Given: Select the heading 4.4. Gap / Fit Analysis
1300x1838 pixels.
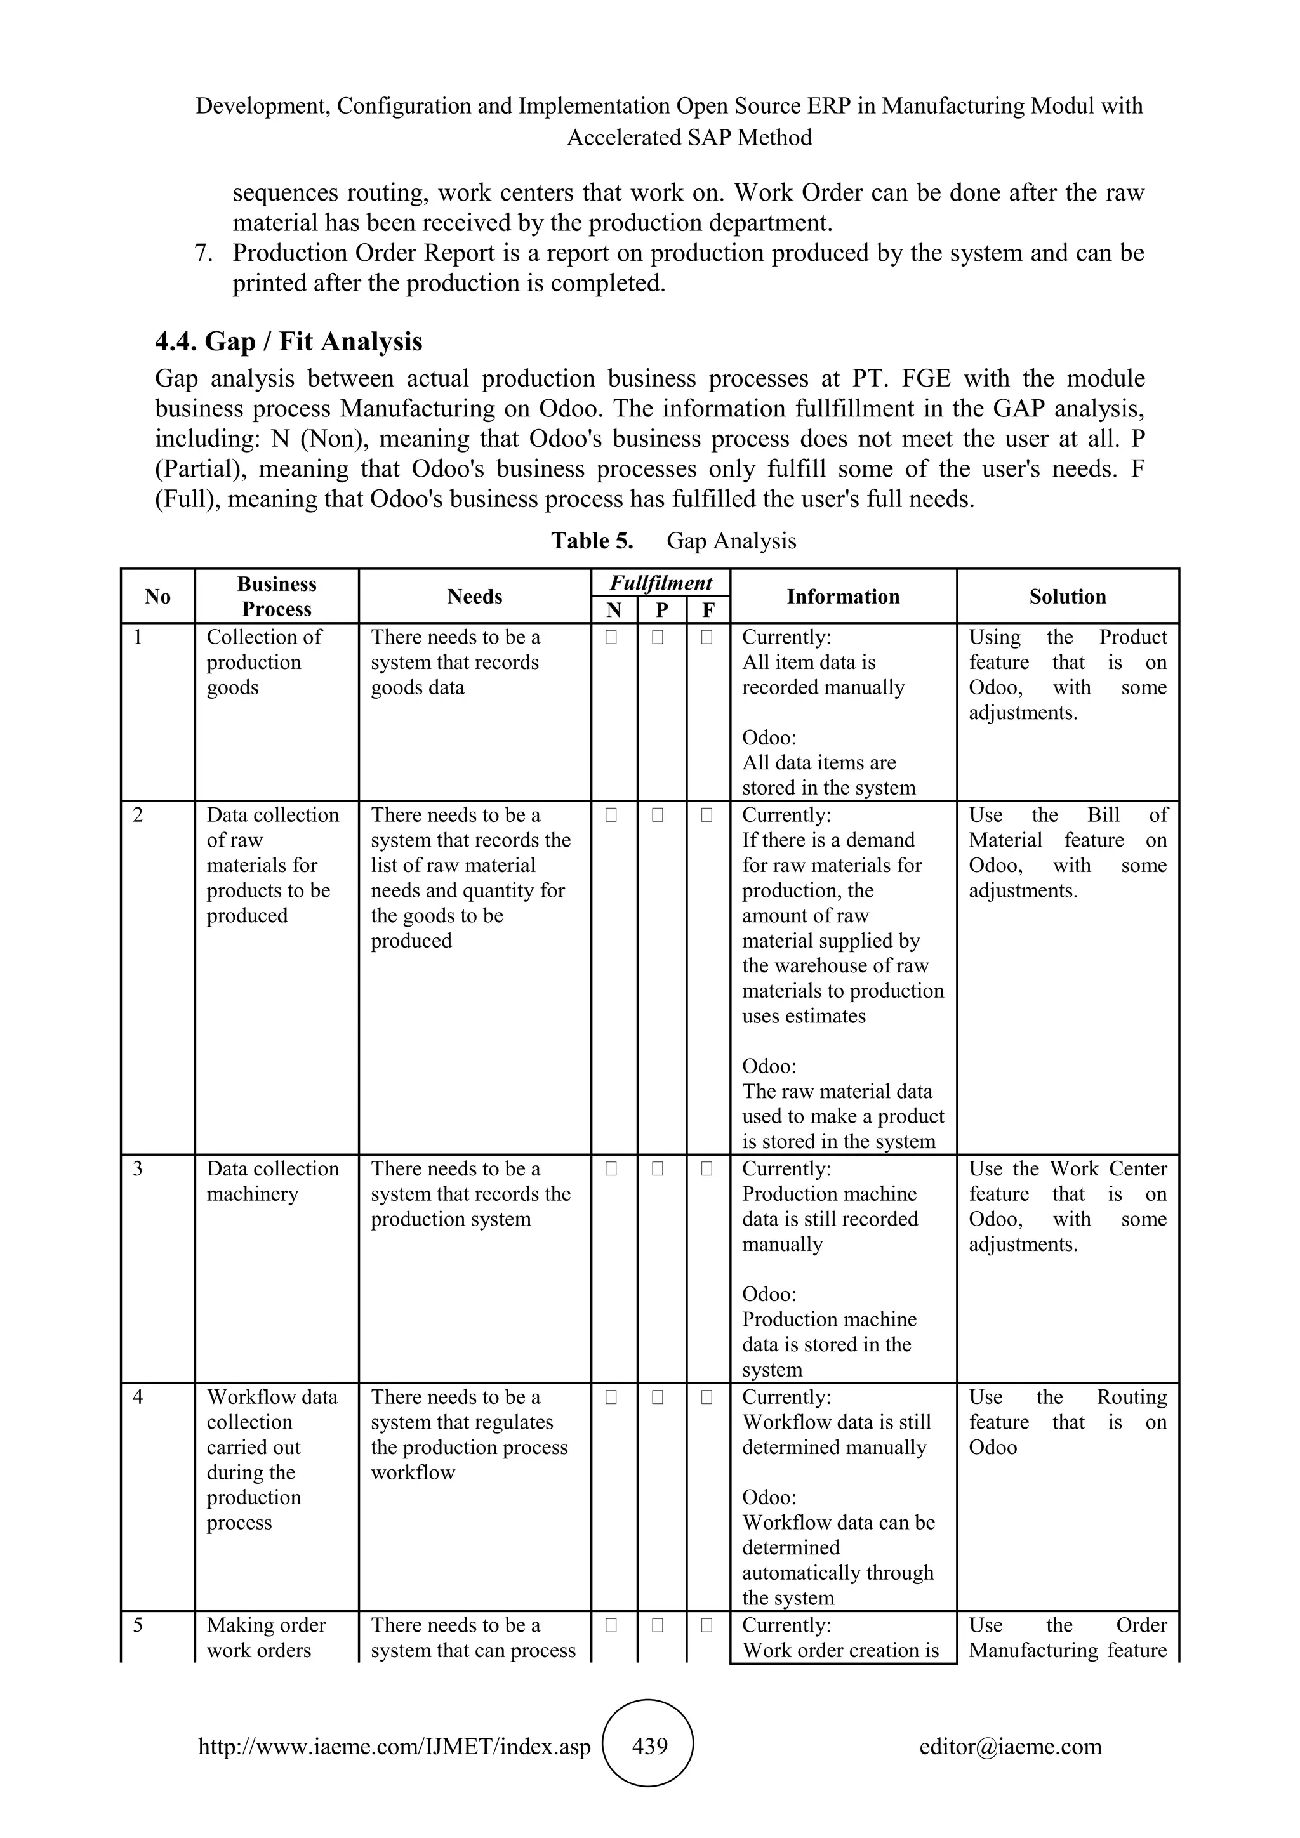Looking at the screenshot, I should click(288, 342).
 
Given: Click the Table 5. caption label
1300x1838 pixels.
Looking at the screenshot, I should click(592, 541).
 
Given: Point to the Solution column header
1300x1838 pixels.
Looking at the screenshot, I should click(1067, 597).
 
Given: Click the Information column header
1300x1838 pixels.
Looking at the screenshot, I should click(842, 597).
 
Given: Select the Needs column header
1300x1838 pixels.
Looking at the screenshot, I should click(474, 597).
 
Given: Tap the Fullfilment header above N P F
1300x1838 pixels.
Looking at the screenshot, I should click(660, 583).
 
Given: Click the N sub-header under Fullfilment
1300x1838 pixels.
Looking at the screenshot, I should click(614, 610).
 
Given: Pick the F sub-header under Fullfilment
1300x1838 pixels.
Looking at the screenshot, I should click(708, 610).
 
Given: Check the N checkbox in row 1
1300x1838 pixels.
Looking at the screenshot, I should click(611, 638).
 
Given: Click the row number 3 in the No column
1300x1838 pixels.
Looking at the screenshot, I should click(138, 1169).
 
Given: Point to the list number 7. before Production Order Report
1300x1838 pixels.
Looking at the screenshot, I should click(203, 254).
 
